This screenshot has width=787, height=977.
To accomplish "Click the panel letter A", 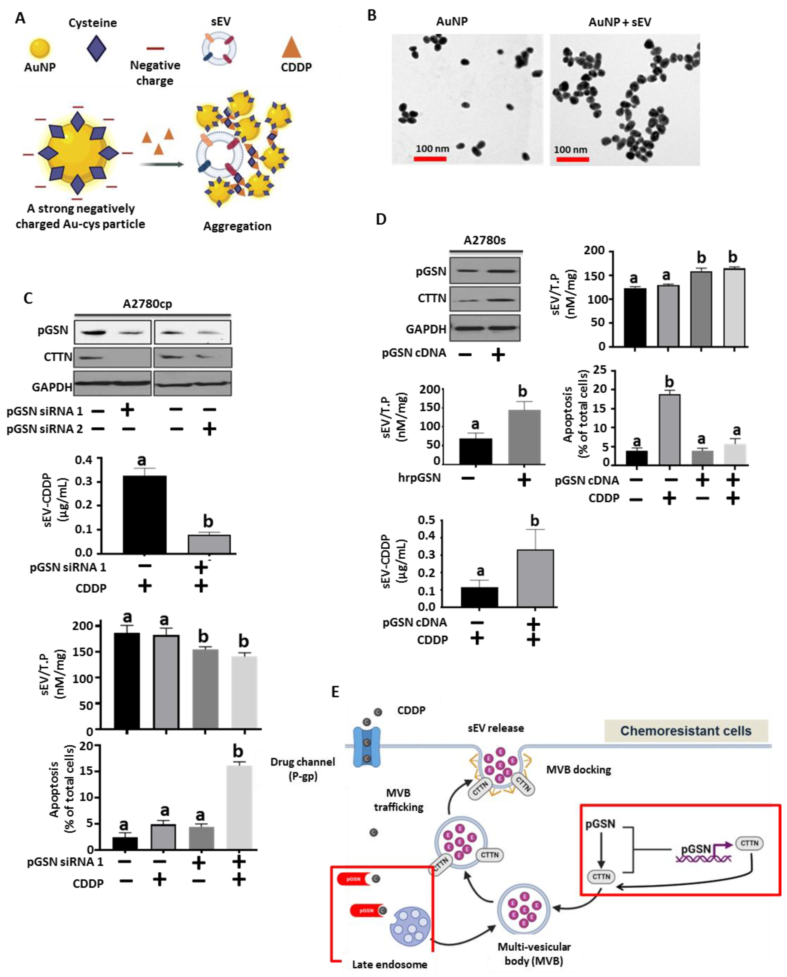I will (x=20, y=18).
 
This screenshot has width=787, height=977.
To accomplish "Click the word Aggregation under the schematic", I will (x=237, y=226).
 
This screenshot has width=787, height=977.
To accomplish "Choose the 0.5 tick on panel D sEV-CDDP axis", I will (x=426, y=520).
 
